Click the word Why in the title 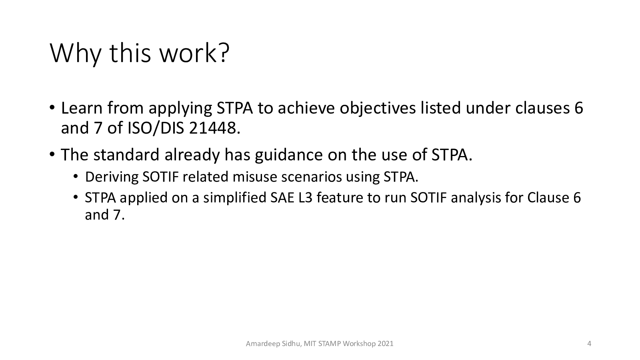[76, 54]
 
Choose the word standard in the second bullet [126, 155]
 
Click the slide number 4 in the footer [589, 344]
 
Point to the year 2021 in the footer [386, 344]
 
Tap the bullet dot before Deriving [76, 176]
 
